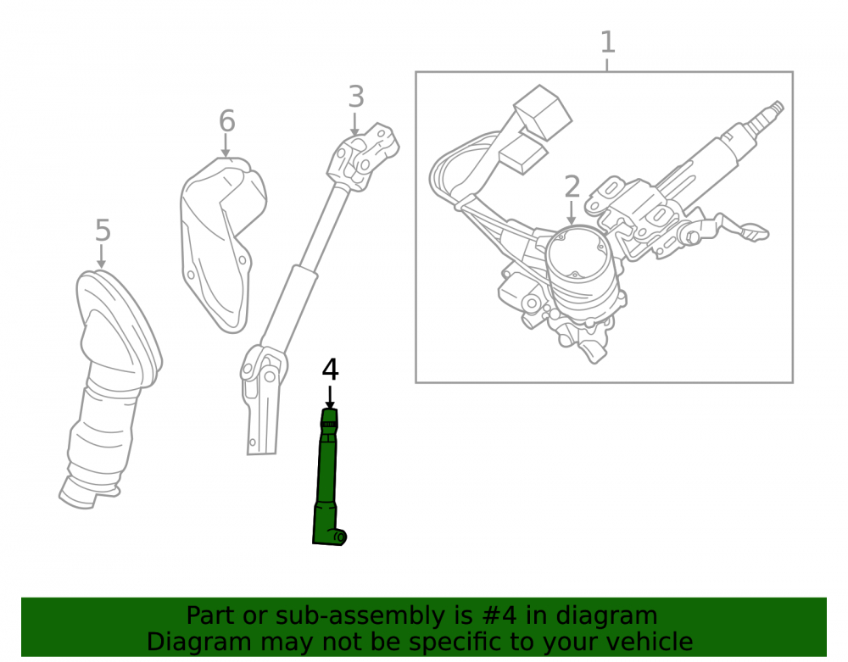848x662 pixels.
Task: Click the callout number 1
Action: (608, 42)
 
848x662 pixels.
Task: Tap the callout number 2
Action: (572, 187)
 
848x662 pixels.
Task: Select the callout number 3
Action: (356, 97)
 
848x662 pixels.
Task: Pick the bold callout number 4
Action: (330, 370)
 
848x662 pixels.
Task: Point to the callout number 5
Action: (103, 231)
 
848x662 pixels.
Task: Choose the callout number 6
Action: (226, 121)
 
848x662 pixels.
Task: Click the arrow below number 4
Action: (330, 398)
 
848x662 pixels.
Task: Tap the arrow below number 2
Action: (572, 213)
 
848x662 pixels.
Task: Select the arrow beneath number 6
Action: (226, 146)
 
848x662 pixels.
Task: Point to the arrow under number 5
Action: (101, 256)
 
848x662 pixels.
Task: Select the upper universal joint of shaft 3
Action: (363, 158)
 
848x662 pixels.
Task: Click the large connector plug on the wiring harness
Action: (543, 113)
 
